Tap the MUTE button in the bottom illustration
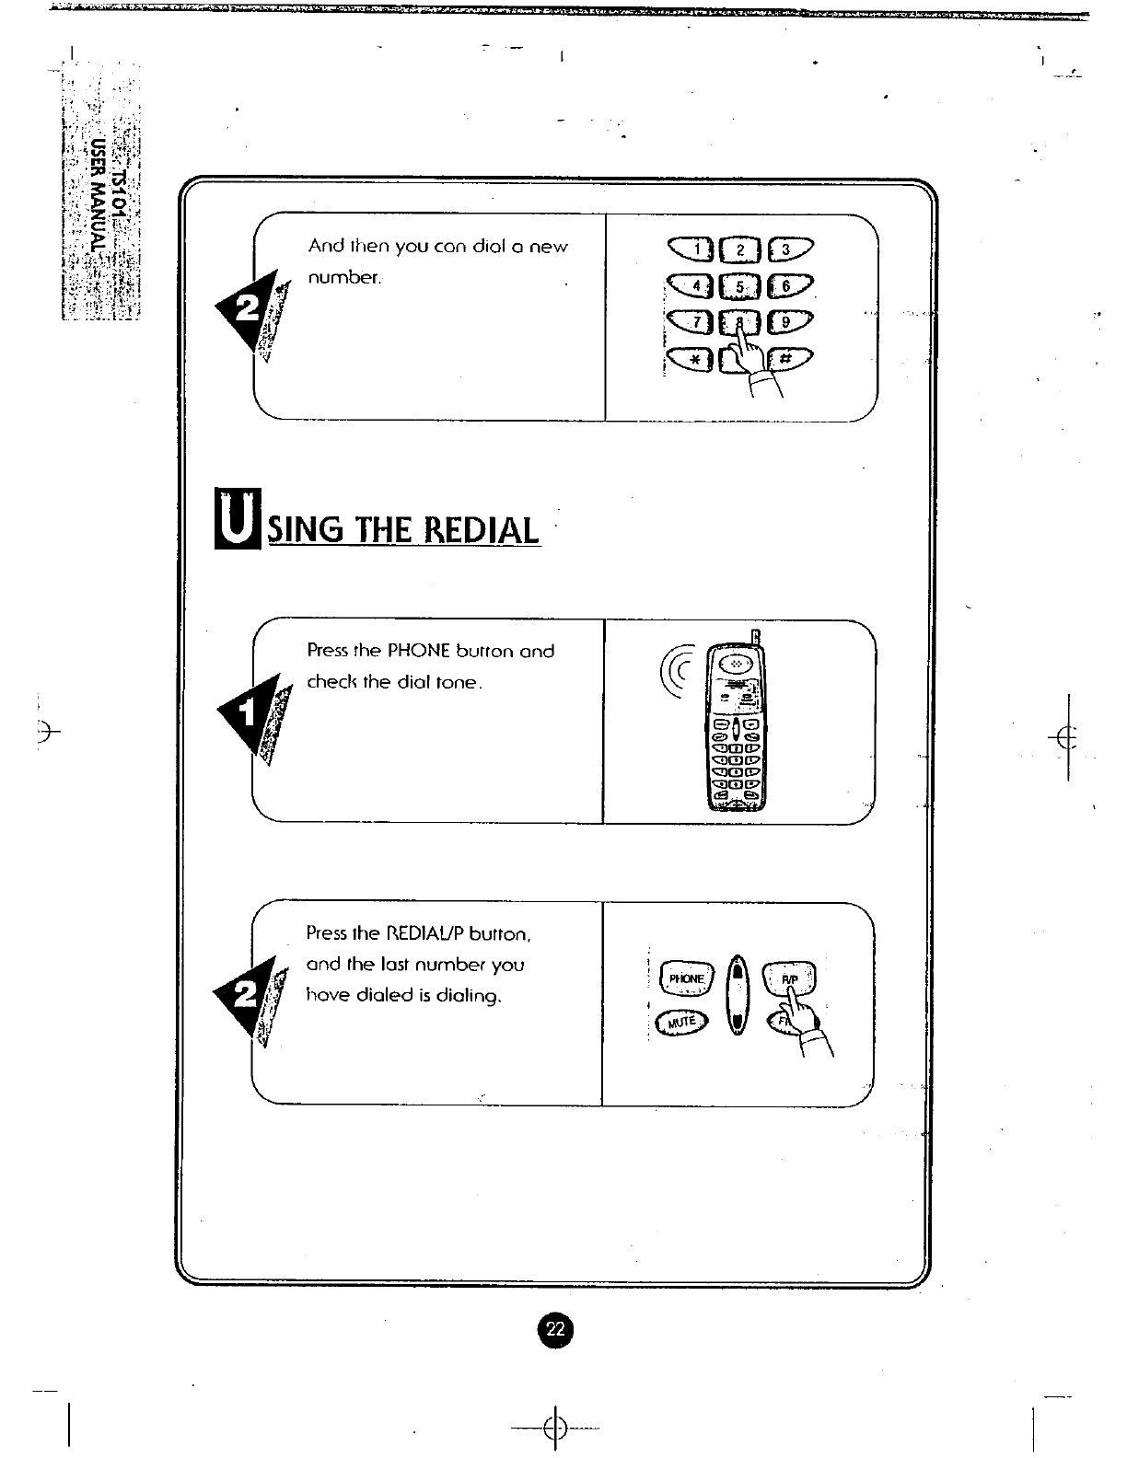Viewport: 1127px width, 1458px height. pos(682,1021)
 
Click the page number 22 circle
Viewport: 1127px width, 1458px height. pos(555,1329)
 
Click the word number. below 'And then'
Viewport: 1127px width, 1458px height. pos(344,277)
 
